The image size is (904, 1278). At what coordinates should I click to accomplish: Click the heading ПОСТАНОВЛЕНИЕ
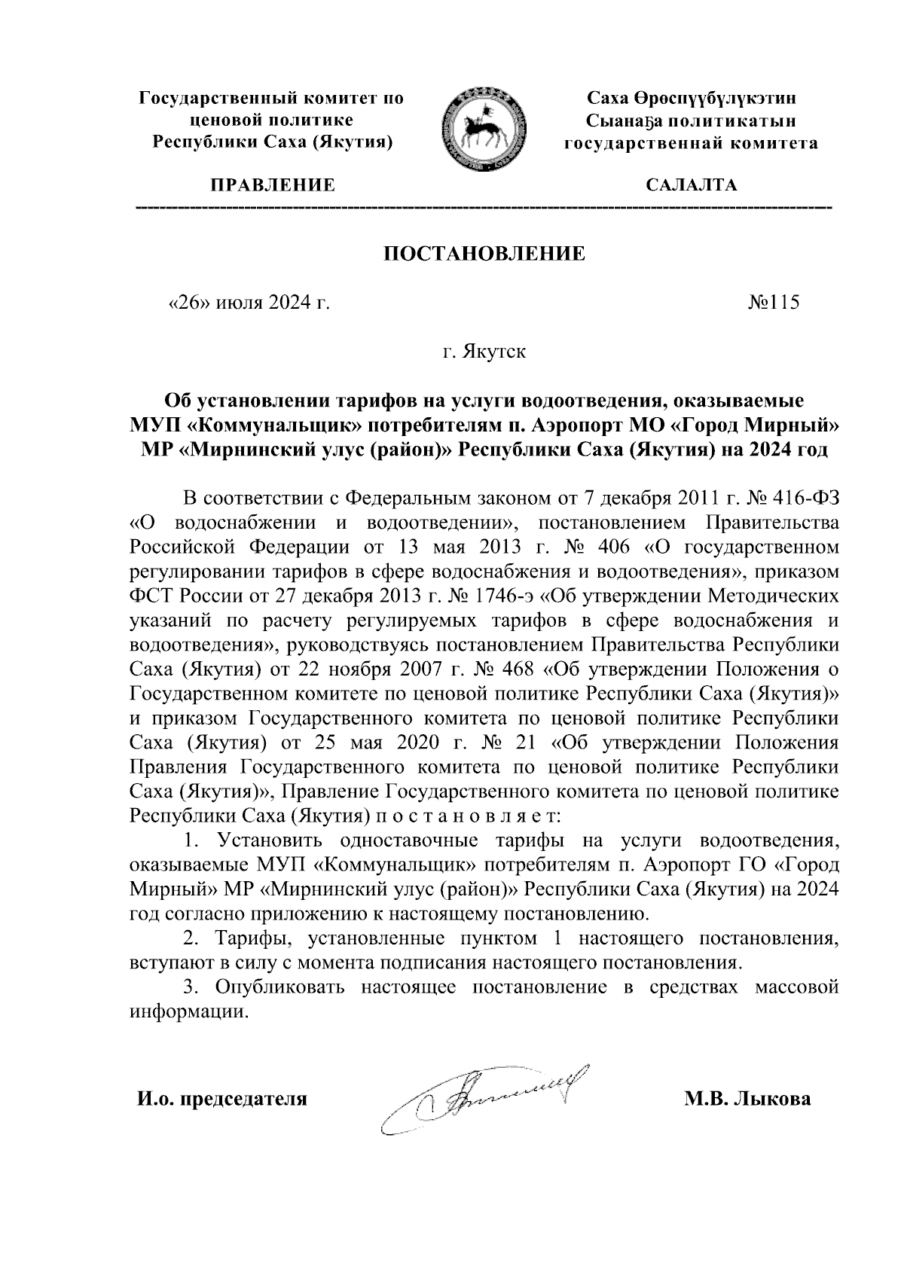pyautogui.click(x=484, y=254)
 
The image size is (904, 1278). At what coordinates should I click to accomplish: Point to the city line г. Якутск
pyautogui.click(x=484, y=352)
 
